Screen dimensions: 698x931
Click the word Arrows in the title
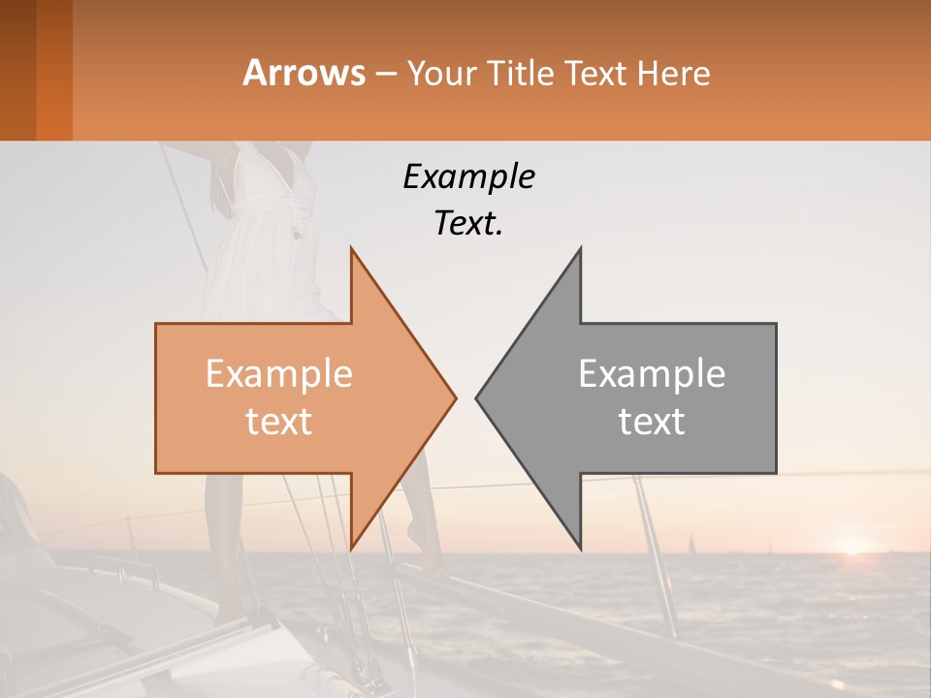point(304,73)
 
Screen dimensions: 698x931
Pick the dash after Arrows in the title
point(385,75)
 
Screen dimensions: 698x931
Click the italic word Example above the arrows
point(468,176)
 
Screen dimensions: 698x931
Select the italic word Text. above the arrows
point(468,224)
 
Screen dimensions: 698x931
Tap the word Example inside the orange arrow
point(279,374)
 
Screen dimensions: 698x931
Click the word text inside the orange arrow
point(279,421)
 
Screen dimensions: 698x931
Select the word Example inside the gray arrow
point(652,374)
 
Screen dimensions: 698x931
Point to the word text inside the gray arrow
point(652,421)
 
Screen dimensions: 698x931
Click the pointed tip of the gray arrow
point(479,397)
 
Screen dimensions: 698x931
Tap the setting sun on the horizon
point(851,547)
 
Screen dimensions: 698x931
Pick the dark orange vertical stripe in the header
point(53,70)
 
